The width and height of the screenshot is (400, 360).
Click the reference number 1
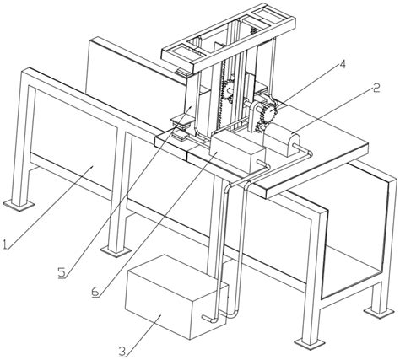(6, 244)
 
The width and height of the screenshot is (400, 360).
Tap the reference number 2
(376, 89)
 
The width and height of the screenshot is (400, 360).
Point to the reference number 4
(342, 64)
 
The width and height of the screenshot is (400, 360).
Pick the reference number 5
(62, 272)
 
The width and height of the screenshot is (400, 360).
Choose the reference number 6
(95, 292)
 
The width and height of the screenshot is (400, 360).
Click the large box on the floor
(176, 297)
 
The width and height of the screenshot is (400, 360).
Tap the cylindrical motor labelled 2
(282, 140)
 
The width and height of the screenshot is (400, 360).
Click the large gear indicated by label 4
(270, 111)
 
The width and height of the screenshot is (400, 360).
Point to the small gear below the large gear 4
(260, 126)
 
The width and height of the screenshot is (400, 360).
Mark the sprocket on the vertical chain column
(229, 90)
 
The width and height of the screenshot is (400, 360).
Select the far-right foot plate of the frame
(379, 312)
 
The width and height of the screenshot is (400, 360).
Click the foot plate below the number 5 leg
(116, 250)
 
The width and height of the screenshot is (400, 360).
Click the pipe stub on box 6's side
(262, 163)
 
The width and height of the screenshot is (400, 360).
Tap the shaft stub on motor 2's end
(297, 146)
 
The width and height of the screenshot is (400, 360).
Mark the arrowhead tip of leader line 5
(192, 105)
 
